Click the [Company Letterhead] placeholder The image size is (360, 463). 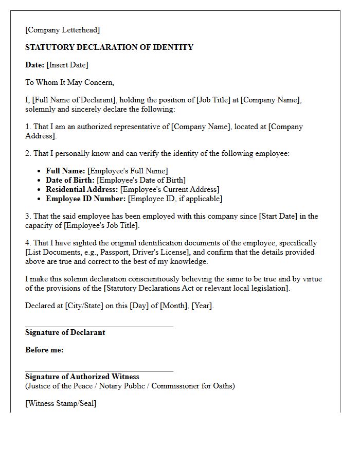(x=63, y=30)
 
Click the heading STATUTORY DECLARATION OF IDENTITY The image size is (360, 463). (x=109, y=47)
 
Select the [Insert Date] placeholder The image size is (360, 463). (x=67, y=65)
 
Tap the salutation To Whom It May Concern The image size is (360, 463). (x=69, y=82)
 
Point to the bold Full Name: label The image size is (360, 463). (x=66, y=171)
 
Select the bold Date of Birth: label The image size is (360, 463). (x=70, y=180)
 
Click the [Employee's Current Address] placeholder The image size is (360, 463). (x=170, y=189)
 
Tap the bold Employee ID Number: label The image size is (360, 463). (x=85, y=199)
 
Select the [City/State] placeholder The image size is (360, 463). (x=84, y=306)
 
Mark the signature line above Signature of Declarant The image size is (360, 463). (x=99, y=326)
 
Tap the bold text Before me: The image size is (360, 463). (x=44, y=350)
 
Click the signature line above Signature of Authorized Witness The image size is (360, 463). (x=99, y=370)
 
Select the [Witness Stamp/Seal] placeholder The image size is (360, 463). (x=61, y=403)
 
